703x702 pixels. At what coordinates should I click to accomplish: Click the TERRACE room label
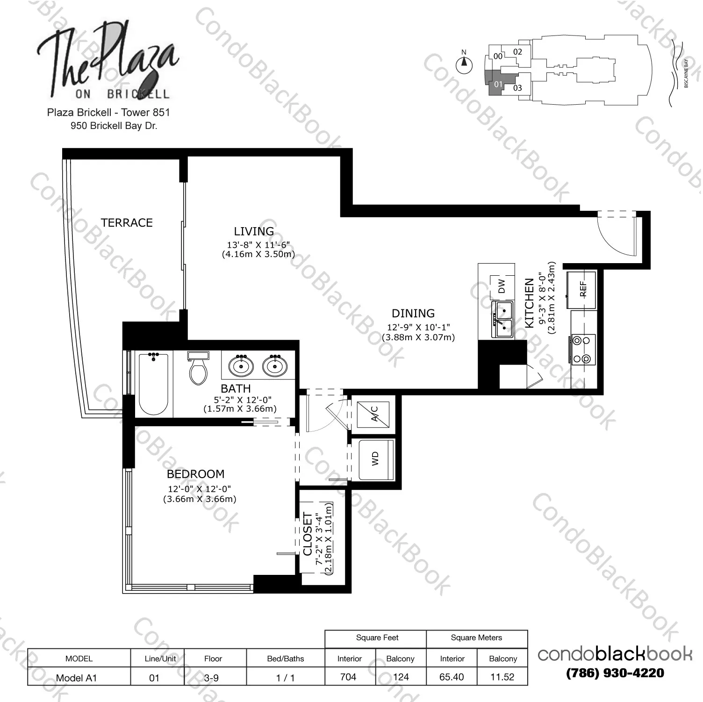point(127,222)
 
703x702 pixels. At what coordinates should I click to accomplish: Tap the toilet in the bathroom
point(199,368)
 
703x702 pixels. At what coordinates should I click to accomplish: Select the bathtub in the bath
point(154,384)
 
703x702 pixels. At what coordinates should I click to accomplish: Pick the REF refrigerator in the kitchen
point(581,290)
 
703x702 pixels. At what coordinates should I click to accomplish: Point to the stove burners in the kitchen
point(582,350)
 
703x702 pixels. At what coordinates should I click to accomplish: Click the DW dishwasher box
point(502,286)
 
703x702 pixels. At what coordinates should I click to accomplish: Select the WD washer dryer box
point(376,460)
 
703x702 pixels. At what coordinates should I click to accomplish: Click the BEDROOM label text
point(195,474)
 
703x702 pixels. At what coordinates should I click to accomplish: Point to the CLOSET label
point(308,534)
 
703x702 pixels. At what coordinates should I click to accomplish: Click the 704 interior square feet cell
point(348,677)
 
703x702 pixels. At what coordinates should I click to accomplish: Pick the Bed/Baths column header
point(285,659)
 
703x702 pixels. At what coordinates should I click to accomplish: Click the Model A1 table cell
point(76,678)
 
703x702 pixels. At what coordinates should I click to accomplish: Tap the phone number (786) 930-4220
point(615,673)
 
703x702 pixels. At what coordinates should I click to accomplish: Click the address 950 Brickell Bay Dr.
point(114,126)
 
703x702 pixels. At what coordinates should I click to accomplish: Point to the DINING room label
point(413,313)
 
